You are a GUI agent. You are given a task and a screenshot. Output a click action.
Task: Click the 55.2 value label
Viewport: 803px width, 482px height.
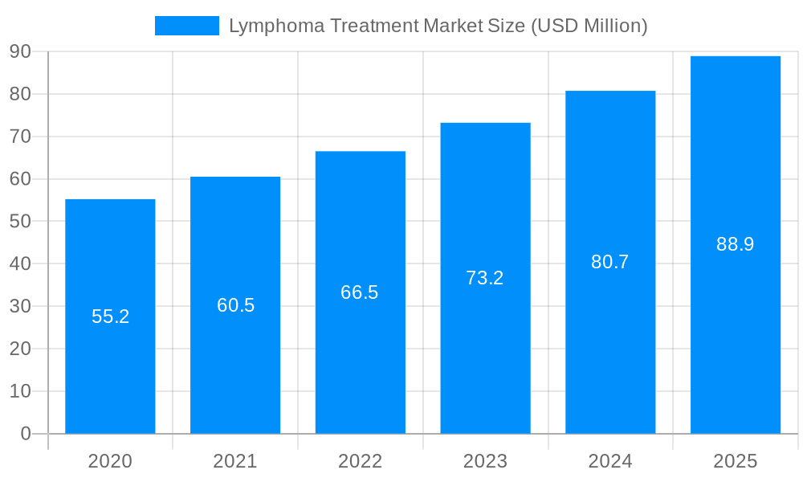pos(110,317)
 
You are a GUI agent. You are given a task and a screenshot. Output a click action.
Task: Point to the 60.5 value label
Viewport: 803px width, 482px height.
pos(235,305)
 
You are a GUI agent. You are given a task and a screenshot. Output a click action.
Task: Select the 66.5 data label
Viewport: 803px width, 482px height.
pos(360,292)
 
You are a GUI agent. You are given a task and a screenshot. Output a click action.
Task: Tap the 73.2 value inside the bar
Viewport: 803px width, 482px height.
pos(485,278)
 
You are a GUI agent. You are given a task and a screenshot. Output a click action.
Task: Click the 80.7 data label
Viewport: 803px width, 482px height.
pos(610,262)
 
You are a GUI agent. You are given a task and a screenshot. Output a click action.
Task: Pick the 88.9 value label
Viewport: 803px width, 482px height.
pos(735,244)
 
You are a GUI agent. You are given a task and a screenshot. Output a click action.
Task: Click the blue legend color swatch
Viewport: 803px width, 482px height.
pos(186,26)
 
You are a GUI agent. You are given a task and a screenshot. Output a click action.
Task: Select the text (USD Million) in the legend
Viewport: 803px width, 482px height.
pos(589,27)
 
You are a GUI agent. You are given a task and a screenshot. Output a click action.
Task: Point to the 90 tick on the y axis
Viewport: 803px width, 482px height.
pos(20,51)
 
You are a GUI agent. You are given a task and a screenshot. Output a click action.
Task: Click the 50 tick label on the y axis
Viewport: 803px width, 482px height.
pos(20,221)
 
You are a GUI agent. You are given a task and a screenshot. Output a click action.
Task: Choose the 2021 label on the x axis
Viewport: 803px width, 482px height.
pos(235,461)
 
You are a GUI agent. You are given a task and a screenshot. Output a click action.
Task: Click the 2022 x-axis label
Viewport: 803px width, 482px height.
pos(360,461)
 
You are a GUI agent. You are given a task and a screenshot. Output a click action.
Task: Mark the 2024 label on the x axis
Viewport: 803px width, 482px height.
pos(610,461)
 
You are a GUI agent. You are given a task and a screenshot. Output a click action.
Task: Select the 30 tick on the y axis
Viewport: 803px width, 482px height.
pos(20,306)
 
